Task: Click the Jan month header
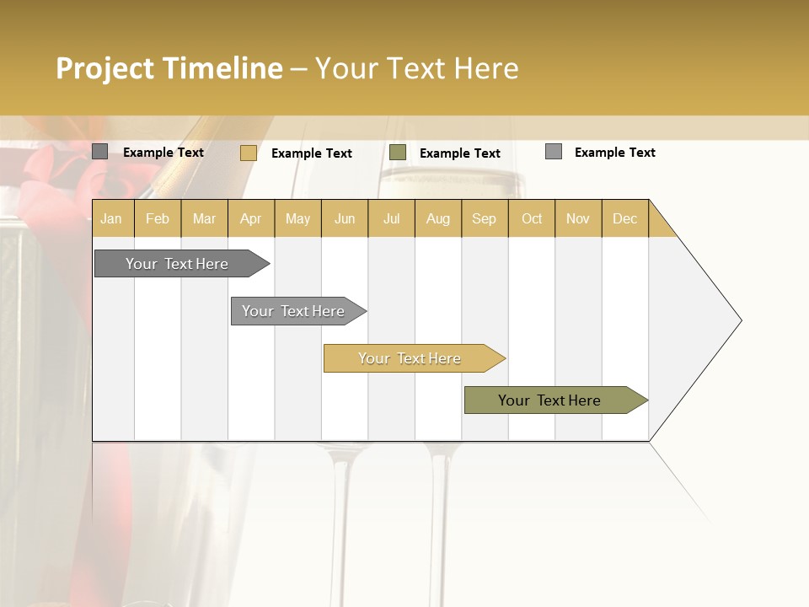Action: [x=112, y=218]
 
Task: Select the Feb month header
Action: [x=158, y=218]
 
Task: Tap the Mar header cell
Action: [x=204, y=218]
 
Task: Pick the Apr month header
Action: [x=251, y=218]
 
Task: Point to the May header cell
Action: [x=297, y=218]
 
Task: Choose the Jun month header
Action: [x=345, y=218]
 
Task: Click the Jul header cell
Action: [x=391, y=218]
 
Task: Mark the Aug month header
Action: [x=438, y=218]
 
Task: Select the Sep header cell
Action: [x=485, y=218]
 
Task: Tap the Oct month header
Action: [x=532, y=218]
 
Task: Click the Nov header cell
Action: [x=578, y=218]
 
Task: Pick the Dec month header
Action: [x=625, y=218]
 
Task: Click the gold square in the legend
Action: [x=249, y=153]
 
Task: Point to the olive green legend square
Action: [x=398, y=153]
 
